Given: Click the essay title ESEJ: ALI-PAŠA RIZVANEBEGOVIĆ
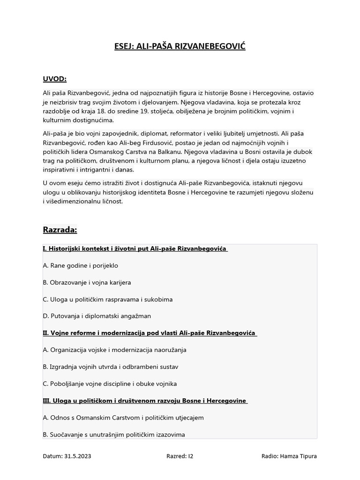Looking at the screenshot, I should [x=180, y=46].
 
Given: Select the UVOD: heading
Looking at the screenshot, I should [x=54, y=78].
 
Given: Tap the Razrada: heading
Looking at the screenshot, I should [x=60, y=230].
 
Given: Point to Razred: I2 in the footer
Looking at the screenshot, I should [x=180, y=456].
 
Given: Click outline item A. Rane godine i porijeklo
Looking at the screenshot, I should [x=80, y=266].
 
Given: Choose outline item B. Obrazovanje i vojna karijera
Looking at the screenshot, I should [x=87, y=283].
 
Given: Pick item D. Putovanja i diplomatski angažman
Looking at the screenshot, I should [x=97, y=316].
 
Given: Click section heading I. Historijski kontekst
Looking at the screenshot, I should [x=135, y=249].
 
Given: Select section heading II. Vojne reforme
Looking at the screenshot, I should [x=149, y=333].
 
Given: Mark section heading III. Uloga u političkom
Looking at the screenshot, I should [x=144, y=401].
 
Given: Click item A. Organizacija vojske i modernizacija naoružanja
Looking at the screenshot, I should [x=114, y=350].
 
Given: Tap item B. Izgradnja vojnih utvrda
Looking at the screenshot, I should [x=110, y=367].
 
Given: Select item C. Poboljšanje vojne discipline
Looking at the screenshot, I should [x=110, y=384].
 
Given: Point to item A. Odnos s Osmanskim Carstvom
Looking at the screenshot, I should [x=123, y=418].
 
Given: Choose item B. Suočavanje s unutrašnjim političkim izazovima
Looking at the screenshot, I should [x=113, y=435].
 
